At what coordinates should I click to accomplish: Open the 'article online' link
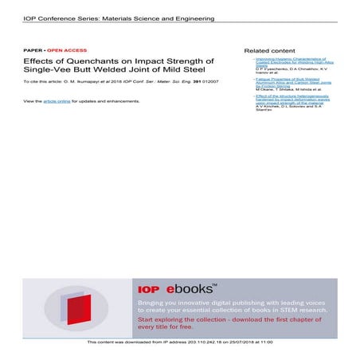pos(57,101)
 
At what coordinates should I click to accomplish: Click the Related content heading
pos(268,49)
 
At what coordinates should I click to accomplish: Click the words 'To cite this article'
pos(42,82)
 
